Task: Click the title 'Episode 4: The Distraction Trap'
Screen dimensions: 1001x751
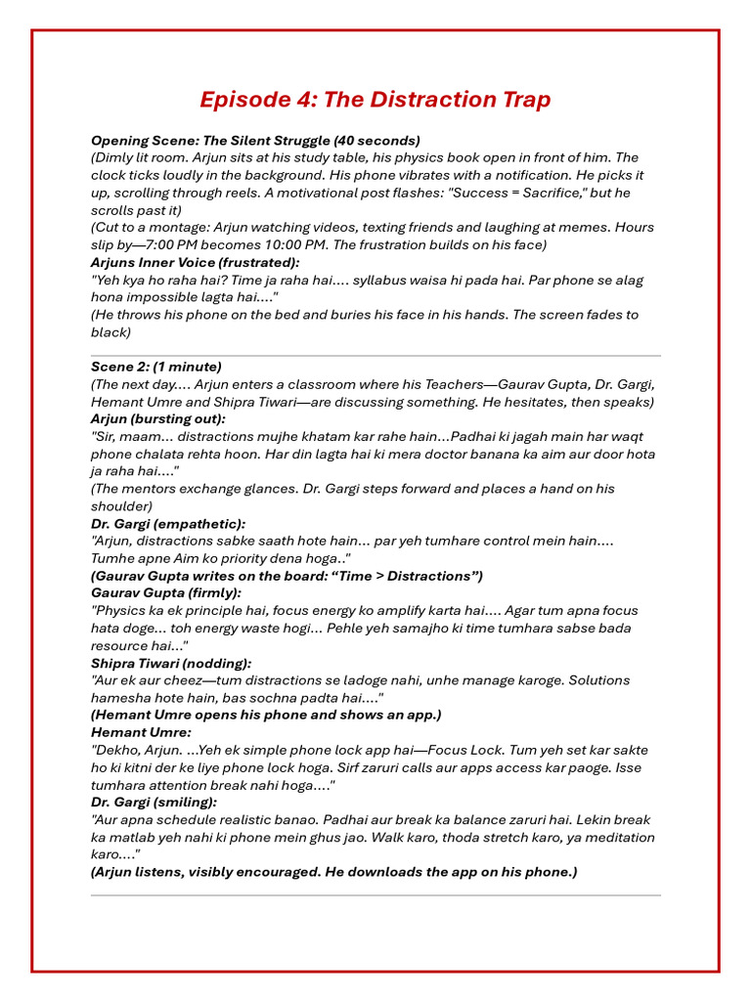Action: tap(375, 100)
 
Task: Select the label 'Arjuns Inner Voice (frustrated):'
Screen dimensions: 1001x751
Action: tap(196, 262)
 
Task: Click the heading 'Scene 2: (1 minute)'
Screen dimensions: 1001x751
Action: tap(156, 367)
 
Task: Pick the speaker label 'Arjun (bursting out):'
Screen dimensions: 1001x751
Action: tap(158, 418)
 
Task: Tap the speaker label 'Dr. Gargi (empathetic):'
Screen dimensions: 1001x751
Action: tap(168, 524)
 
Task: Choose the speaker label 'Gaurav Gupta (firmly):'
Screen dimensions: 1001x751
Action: tap(166, 592)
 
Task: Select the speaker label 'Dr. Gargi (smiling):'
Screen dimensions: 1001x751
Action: tap(155, 803)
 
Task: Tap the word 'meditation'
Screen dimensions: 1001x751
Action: tap(616, 837)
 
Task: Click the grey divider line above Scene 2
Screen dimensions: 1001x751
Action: tap(375, 355)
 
